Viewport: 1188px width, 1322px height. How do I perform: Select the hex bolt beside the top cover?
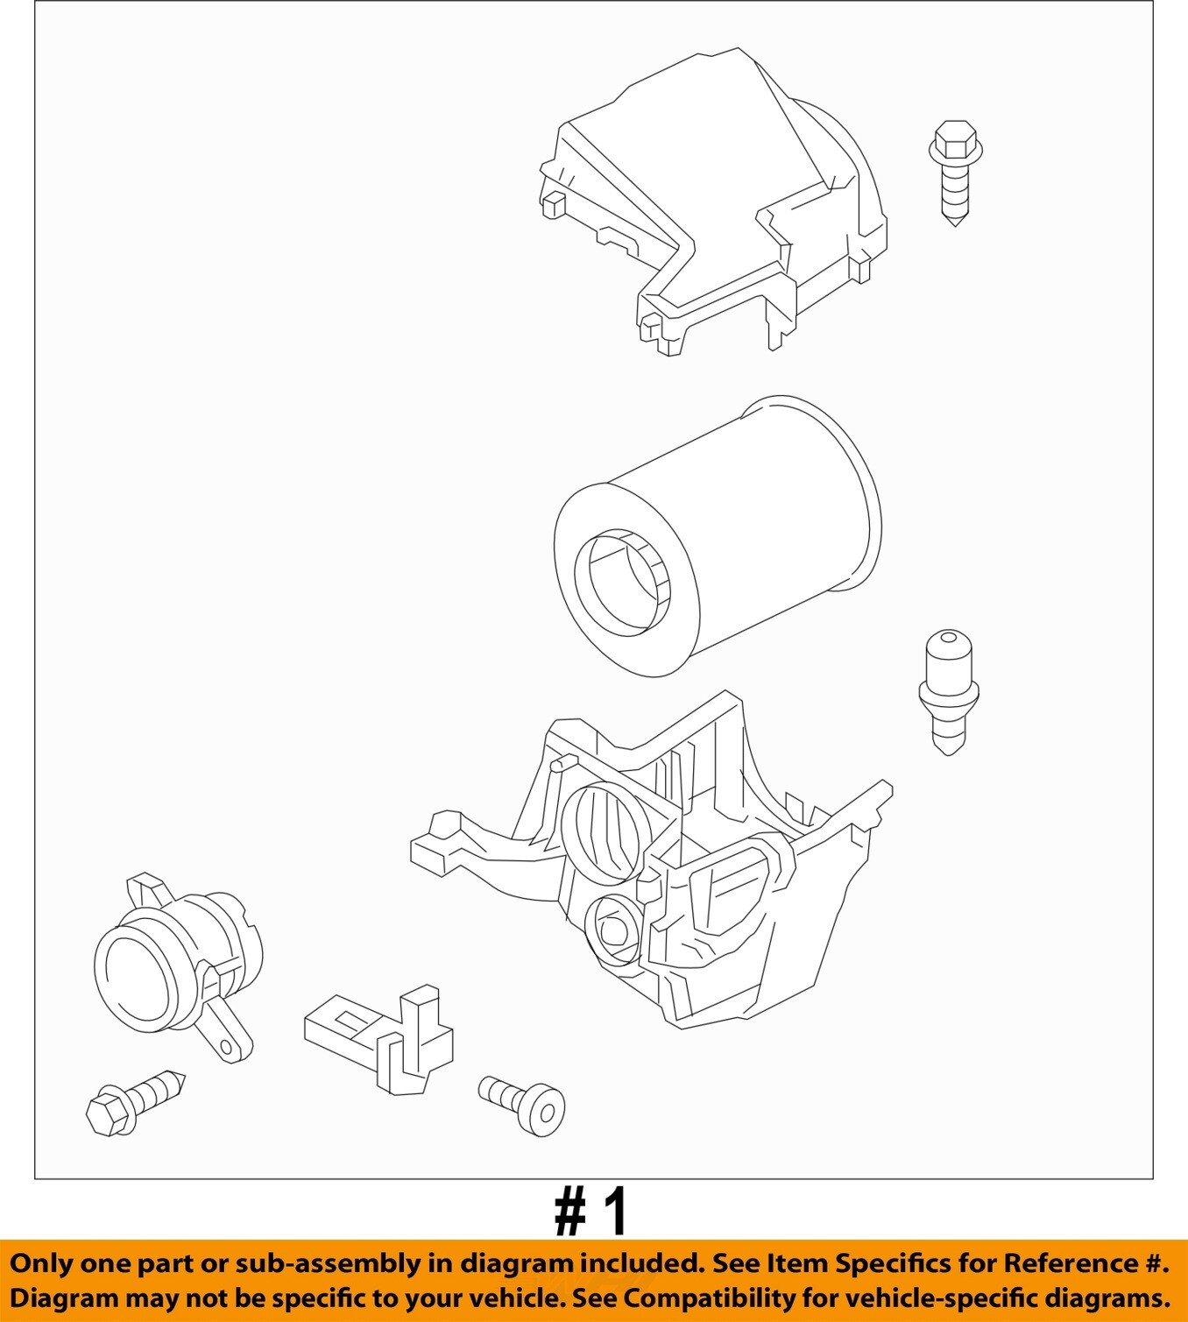coord(956,173)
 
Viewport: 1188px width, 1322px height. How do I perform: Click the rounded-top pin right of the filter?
coord(949,692)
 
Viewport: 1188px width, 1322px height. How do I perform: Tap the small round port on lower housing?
coord(612,930)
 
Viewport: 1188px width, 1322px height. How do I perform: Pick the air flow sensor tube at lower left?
coord(176,965)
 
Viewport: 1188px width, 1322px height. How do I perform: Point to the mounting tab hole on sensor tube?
coord(226,1047)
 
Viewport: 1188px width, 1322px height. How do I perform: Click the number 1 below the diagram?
coord(613,1212)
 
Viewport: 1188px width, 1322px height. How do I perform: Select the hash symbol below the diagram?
coord(569,1212)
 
